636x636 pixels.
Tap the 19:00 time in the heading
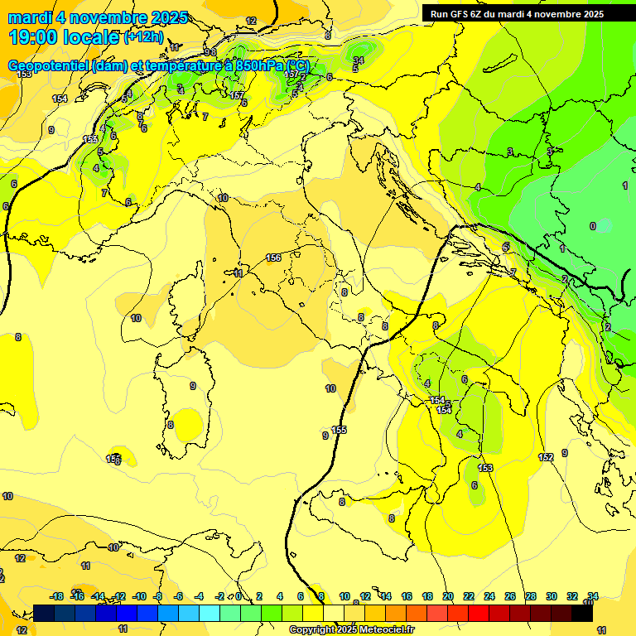coord(33,37)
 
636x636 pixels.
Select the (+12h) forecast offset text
coord(142,37)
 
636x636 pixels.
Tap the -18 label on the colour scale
coord(56,596)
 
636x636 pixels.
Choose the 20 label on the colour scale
coord(448,596)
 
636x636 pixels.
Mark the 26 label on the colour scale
coord(510,596)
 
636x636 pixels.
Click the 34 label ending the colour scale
coord(593,596)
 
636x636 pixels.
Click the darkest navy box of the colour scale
coord(45,613)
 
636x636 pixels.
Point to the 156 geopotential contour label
coord(274,258)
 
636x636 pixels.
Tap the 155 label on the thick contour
coord(339,429)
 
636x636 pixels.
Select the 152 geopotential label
coord(546,457)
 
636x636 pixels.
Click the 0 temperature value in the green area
coord(592,226)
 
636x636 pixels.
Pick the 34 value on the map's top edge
coord(358,60)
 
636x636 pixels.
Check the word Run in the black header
coord(439,14)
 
